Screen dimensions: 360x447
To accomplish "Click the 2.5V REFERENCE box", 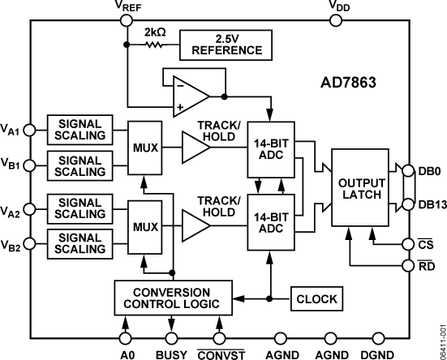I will (226, 44).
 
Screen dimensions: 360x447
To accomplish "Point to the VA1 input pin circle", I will (30, 128).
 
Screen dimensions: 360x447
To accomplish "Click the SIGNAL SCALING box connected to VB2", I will (80, 242).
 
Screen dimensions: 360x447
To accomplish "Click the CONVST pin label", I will (221, 354).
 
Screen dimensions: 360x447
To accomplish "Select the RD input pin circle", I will (409, 264).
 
